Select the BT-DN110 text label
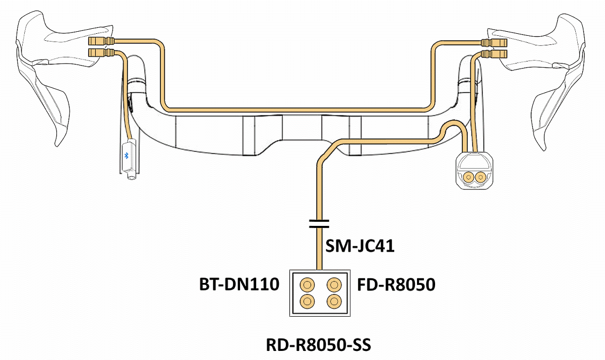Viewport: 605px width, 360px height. click(x=238, y=285)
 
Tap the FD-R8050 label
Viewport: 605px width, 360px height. click(x=396, y=285)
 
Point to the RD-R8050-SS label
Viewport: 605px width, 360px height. click(x=318, y=346)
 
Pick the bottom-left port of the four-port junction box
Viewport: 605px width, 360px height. click(x=306, y=302)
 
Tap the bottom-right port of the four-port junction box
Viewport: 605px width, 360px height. click(x=333, y=302)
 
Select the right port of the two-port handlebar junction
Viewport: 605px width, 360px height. click(x=481, y=176)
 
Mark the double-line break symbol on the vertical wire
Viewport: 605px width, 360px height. click(x=319, y=224)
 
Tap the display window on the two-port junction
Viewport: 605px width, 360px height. click(x=475, y=162)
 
